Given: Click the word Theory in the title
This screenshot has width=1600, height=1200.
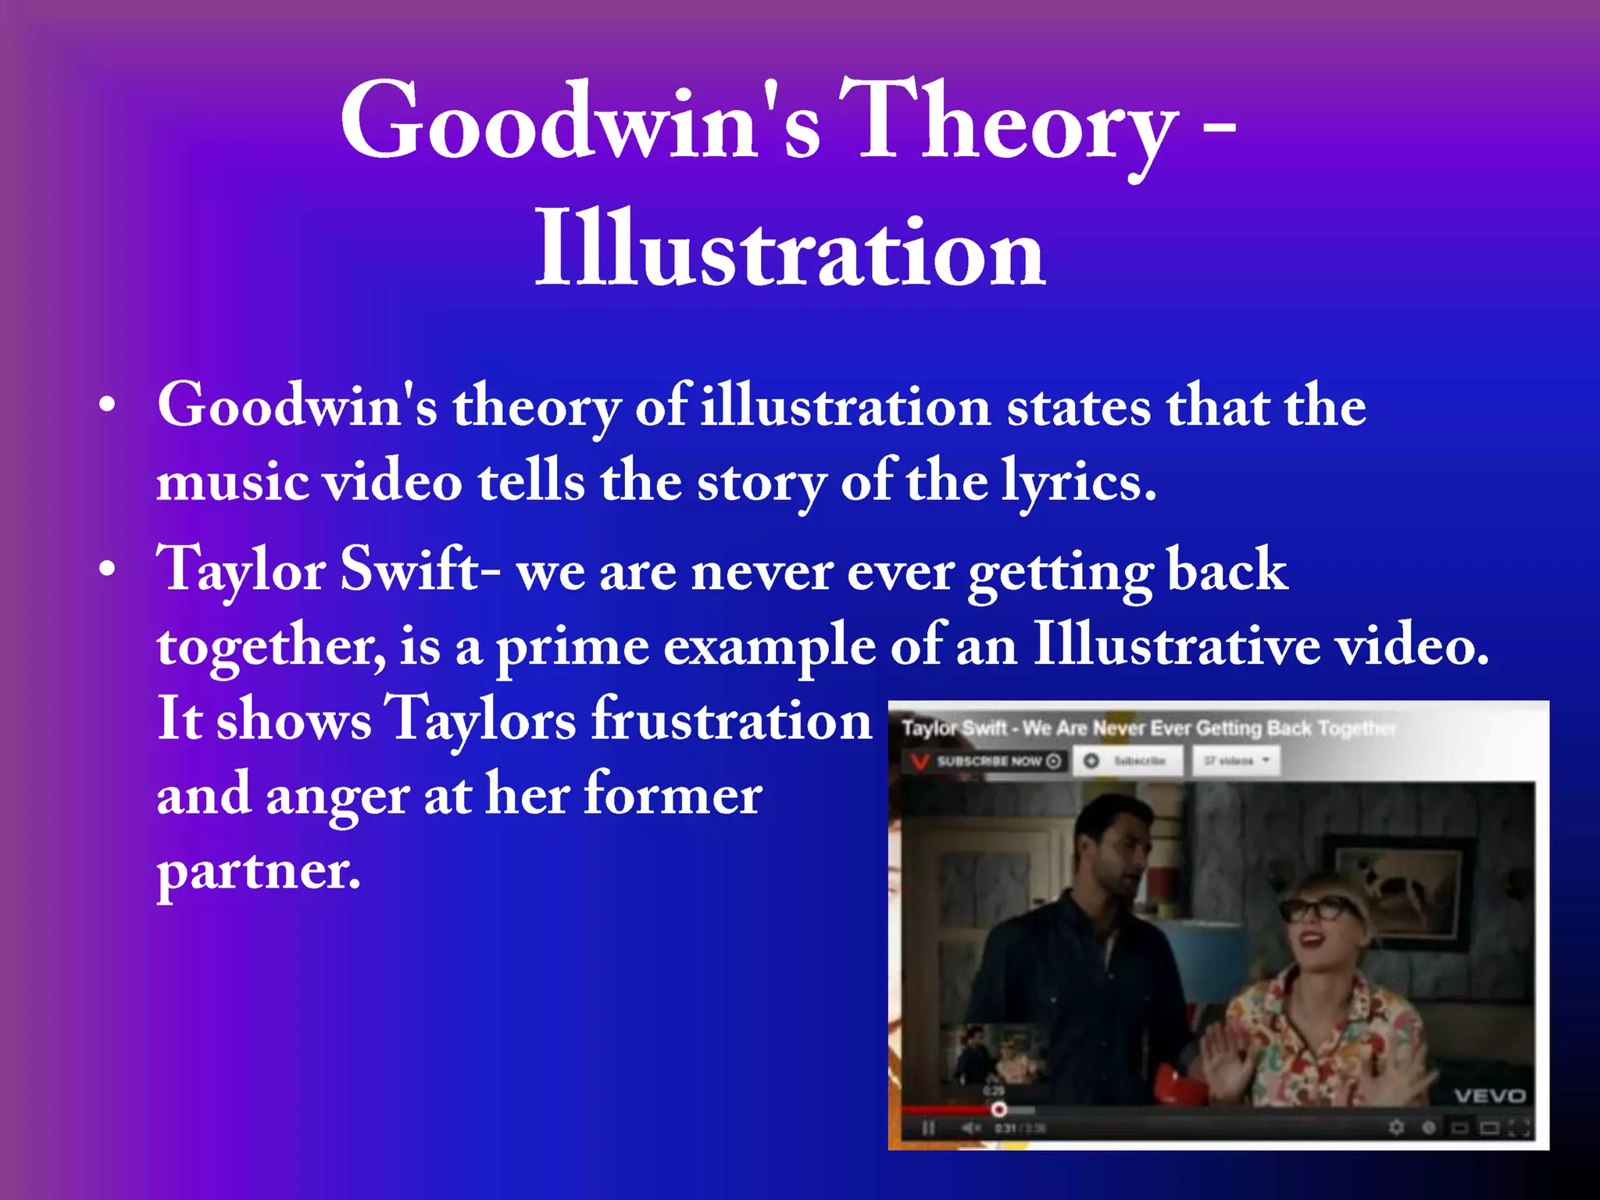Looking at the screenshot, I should coord(1008,125).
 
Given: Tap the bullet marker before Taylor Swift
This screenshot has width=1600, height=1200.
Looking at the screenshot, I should coord(107,570).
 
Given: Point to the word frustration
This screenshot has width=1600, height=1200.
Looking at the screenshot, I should coord(730,720).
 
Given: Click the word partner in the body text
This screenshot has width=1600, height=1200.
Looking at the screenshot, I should coord(258,871).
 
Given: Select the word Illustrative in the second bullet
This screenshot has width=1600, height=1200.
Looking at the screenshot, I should coord(1176,646).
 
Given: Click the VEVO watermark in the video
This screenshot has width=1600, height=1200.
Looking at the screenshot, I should coord(1489,1096).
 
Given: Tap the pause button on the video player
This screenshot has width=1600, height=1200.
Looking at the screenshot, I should coord(928,1128).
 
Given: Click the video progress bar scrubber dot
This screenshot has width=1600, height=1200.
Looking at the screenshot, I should coord(998,1109).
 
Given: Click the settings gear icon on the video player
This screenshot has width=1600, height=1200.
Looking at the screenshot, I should coord(1395,1127).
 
